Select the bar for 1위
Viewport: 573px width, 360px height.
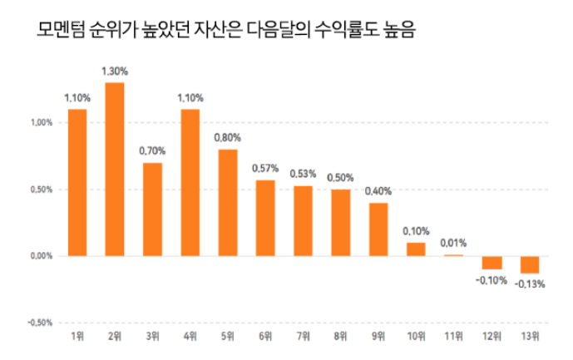coord(77,182)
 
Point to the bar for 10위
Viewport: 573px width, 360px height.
coord(416,249)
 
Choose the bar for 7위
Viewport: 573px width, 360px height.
coord(303,220)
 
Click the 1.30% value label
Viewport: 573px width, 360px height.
coord(115,72)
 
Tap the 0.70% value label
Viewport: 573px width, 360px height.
coord(152,151)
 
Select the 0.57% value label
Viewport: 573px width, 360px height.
coord(264,169)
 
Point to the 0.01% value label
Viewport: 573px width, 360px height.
coord(453,244)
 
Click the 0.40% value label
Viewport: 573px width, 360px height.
coord(378,191)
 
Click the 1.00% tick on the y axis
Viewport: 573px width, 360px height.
coord(42,123)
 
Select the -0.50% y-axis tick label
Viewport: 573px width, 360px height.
coord(40,323)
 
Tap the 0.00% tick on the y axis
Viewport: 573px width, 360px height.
coord(42,256)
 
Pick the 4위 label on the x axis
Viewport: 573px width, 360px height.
coord(190,337)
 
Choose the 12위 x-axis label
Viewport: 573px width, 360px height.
coord(491,337)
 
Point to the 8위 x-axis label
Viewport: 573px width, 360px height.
coord(340,337)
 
